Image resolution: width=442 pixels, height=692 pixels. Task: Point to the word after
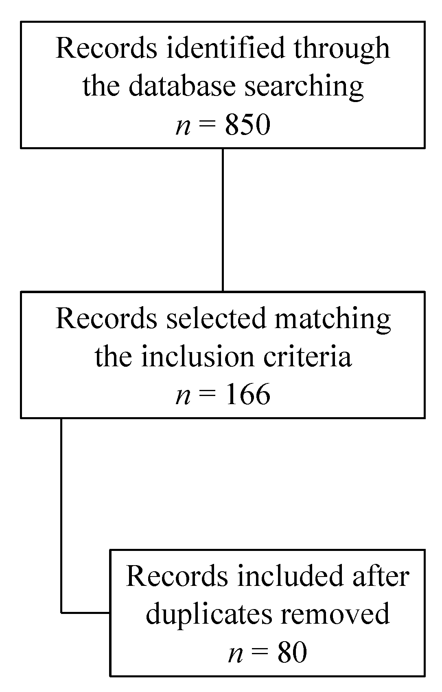(x=381, y=576)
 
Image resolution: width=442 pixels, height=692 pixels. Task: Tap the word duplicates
(x=209, y=615)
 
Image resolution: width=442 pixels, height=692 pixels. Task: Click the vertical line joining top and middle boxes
(x=223, y=220)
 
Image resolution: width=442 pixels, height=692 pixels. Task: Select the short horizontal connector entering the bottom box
(x=85, y=612)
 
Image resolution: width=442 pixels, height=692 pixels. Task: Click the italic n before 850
(x=183, y=126)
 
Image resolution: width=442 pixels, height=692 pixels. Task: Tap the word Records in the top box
(x=106, y=48)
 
